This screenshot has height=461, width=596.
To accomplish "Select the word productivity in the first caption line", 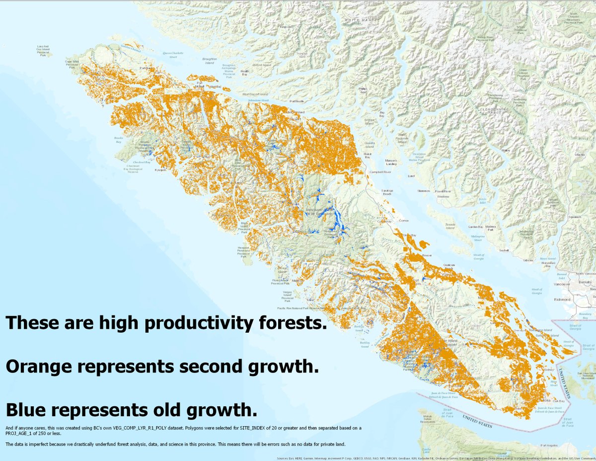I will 192,324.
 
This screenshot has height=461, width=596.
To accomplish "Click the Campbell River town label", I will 380,172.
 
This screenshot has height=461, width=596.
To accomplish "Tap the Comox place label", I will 403,219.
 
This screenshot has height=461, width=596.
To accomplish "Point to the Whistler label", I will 580,155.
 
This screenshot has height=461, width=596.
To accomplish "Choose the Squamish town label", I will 575,217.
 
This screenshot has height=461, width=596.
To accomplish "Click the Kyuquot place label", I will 160,170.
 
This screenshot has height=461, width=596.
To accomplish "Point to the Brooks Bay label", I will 118,140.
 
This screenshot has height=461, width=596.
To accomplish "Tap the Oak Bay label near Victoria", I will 558,401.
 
